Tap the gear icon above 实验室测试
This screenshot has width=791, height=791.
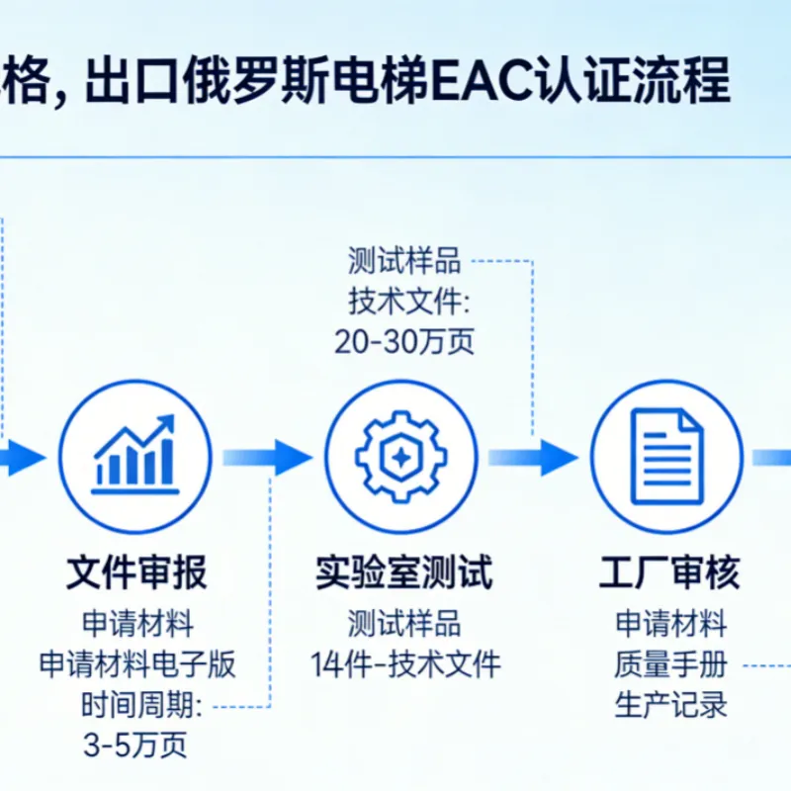(x=401, y=457)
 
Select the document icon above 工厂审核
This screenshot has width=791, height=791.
(x=667, y=457)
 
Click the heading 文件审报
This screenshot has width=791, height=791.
(x=136, y=572)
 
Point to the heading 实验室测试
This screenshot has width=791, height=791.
(x=403, y=572)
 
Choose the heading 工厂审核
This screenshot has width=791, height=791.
(x=669, y=572)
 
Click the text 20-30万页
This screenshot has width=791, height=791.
(x=404, y=341)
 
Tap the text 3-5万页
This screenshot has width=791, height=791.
(x=135, y=745)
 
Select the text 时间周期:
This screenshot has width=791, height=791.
(x=141, y=705)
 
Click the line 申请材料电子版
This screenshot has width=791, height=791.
(x=137, y=663)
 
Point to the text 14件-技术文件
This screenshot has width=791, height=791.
(x=405, y=663)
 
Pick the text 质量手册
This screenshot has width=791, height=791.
(x=670, y=663)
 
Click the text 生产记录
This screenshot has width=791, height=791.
(x=670, y=705)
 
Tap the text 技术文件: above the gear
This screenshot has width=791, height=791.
(x=408, y=302)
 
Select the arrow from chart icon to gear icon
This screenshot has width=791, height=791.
(x=267, y=458)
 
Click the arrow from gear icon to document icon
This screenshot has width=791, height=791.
(x=533, y=458)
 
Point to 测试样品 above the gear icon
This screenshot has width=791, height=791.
(x=404, y=261)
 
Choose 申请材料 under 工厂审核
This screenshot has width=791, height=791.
(x=670, y=624)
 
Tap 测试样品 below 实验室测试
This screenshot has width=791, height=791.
(x=404, y=624)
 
